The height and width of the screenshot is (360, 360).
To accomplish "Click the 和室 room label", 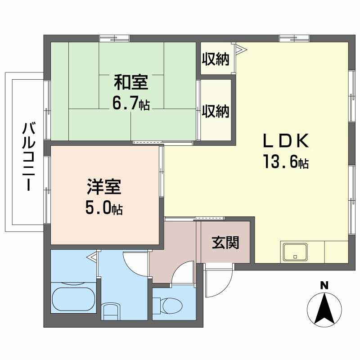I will tap(131, 83).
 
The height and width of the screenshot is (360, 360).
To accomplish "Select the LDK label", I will tap(285, 141).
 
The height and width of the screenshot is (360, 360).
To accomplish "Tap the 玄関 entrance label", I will tap(225, 243).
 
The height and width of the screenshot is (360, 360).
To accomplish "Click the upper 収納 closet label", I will tap(216, 58).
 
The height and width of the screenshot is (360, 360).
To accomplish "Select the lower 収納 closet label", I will tap(216, 111).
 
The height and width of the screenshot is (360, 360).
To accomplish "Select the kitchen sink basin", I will tap(295, 252).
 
